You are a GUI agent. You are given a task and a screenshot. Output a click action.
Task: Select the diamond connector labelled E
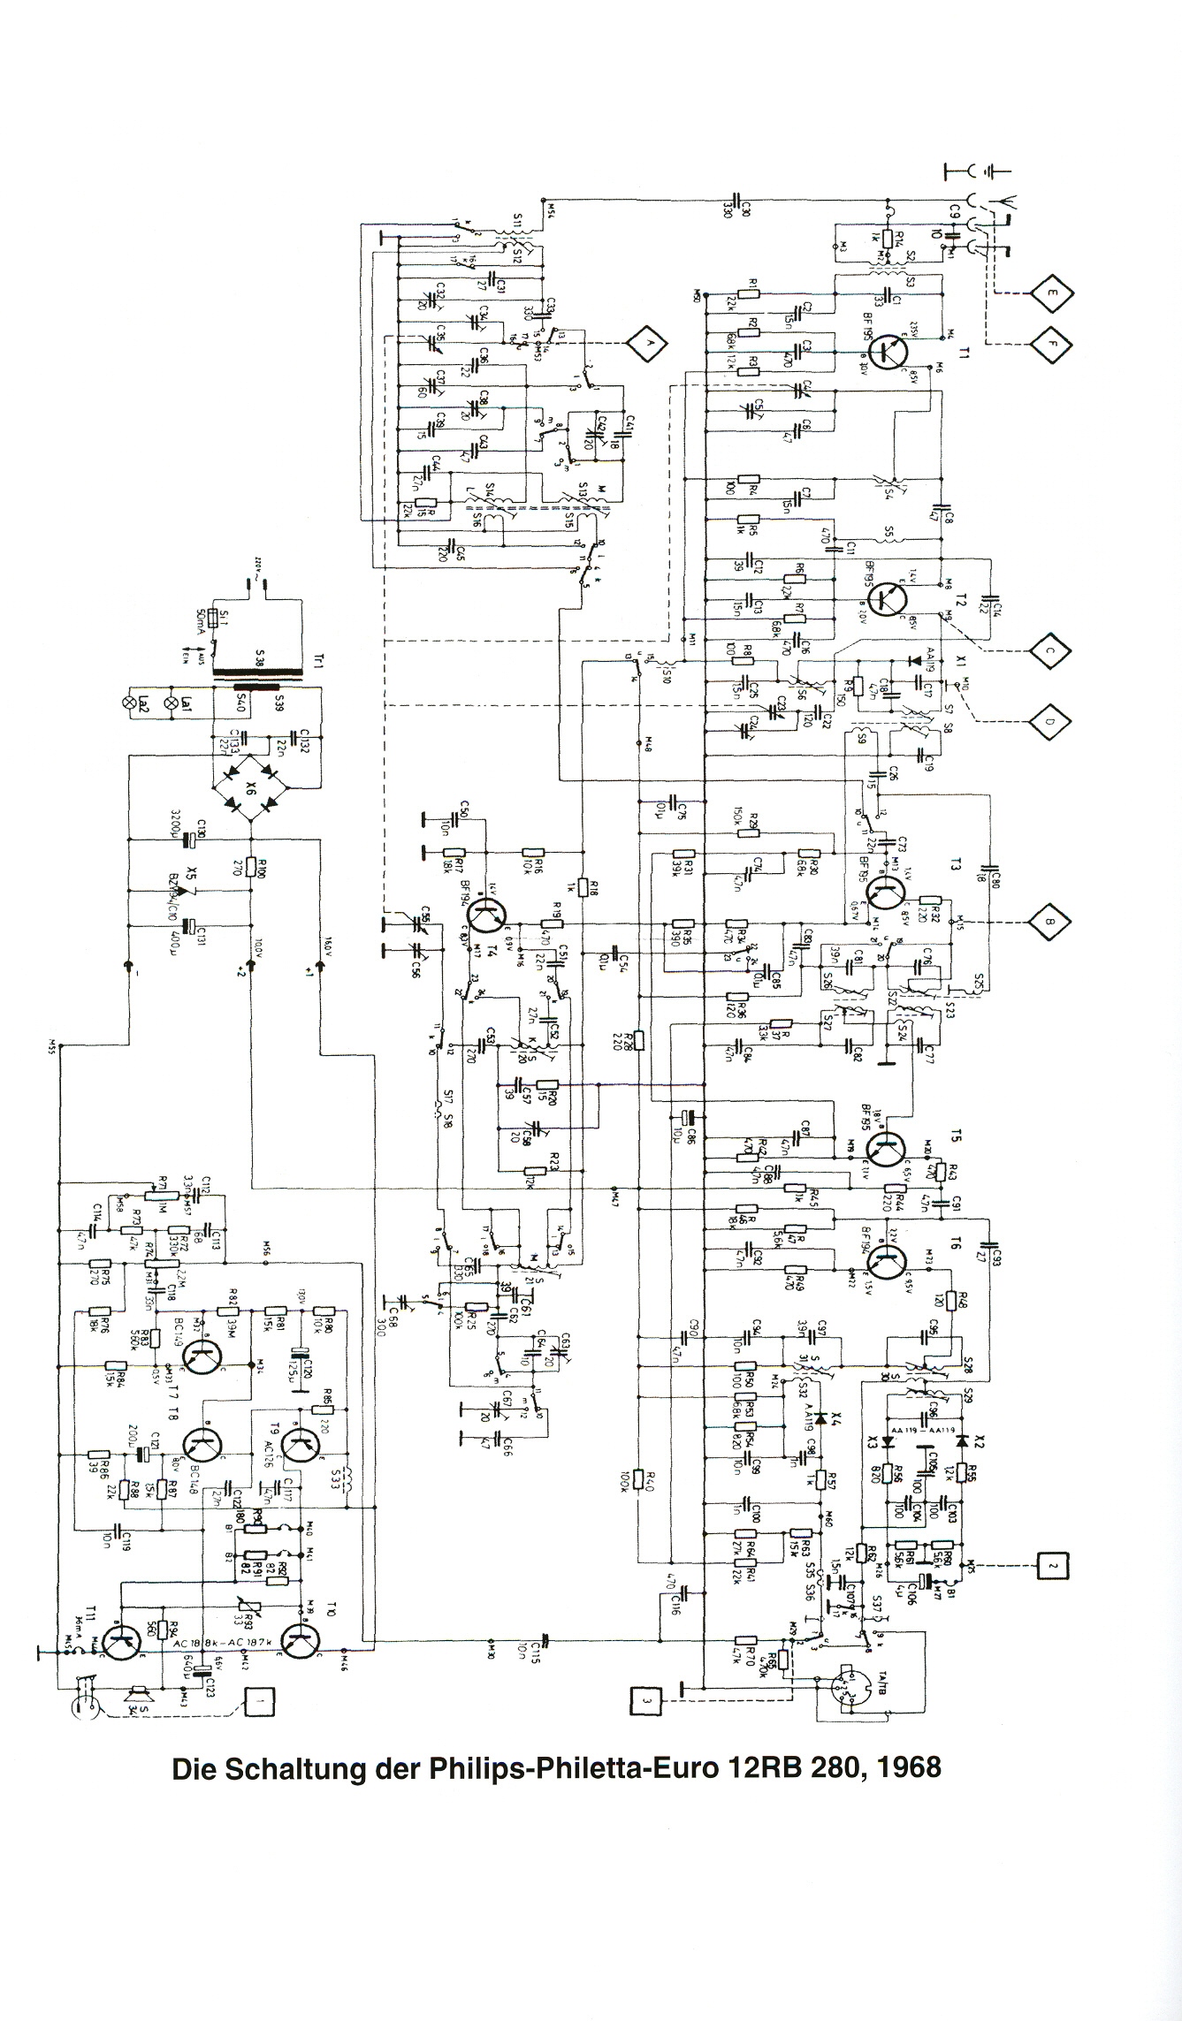1049,293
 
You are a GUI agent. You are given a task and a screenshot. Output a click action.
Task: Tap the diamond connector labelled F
1049,342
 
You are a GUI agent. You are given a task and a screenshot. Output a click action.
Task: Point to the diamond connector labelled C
1049,650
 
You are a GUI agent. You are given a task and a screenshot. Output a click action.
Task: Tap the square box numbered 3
646,1700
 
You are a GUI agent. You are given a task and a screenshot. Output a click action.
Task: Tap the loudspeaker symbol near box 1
135,1697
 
